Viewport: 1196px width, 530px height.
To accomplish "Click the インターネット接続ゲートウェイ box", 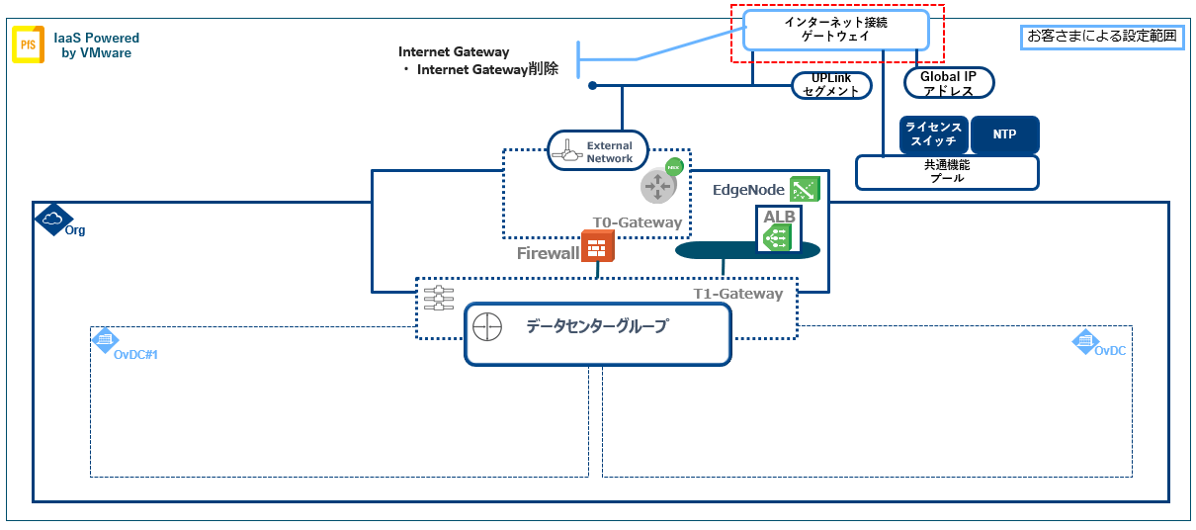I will (x=836, y=29).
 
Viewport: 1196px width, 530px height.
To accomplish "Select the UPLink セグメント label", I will (x=833, y=85).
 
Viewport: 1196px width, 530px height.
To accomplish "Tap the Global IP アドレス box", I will (x=947, y=83).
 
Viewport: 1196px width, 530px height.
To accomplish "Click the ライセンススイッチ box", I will (x=933, y=134).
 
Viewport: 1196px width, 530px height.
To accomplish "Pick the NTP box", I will (x=1003, y=134).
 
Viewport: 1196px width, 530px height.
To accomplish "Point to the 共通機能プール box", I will (x=946, y=172).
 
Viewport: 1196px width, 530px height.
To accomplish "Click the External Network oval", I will (x=597, y=151).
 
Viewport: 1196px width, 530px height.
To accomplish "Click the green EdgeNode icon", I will (x=804, y=188).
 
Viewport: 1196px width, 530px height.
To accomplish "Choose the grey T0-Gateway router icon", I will (x=656, y=185).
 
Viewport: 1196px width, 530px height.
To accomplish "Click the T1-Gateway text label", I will (x=737, y=294).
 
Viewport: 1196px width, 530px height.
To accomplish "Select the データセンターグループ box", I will (x=597, y=333).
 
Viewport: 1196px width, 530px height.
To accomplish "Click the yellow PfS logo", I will (x=27, y=45).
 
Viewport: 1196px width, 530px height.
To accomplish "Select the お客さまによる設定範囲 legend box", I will (x=1101, y=37).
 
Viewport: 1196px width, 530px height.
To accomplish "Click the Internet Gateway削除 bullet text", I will (x=485, y=69).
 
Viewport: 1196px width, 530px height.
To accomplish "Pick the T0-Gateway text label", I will (x=637, y=222).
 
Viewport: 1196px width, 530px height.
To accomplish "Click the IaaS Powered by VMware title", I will (x=96, y=45).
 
